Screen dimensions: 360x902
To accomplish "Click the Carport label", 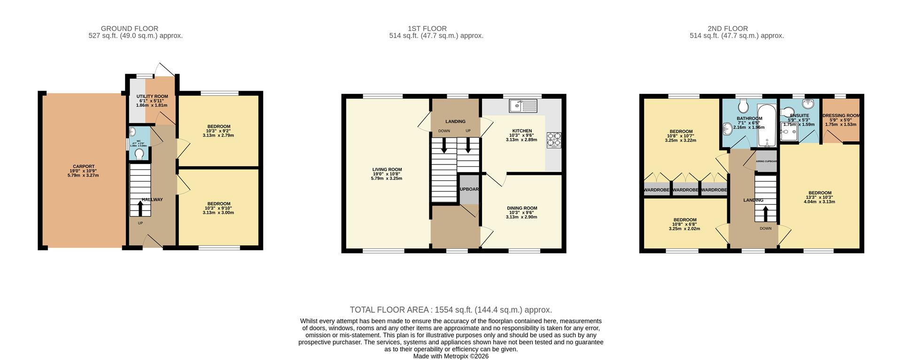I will pyautogui.click(x=83, y=166).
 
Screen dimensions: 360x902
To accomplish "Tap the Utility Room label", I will pyautogui.click(x=152, y=96).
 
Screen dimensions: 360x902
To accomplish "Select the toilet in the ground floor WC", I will pyautogui.click(x=140, y=153).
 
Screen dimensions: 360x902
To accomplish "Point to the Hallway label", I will pyautogui.click(x=152, y=200).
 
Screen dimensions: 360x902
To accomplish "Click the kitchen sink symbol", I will pyautogui.click(x=523, y=106).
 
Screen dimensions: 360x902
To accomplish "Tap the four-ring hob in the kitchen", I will pyautogui.click(x=554, y=140).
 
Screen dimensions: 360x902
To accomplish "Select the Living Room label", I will pyautogui.click(x=387, y=170).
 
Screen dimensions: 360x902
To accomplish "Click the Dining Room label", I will pyautogui.click(x=521, y=208).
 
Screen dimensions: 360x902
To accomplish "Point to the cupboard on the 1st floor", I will pyautogui.click(x=468, y=189).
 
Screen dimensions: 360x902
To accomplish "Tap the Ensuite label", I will pyautogui.click(x=799, y=116).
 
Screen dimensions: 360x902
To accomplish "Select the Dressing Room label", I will pyautogui.click(x=841, y=116).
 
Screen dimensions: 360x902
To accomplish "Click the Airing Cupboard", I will pyautogui.click(x=766, y=161).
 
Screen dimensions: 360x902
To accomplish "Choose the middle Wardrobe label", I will pyautogui.click(x=685, y=190).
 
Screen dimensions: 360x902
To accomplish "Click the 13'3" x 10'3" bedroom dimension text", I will pyautogui.click(x=819, y=197).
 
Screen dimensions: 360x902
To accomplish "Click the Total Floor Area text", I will pyautogui.click(x=451, y=310).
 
